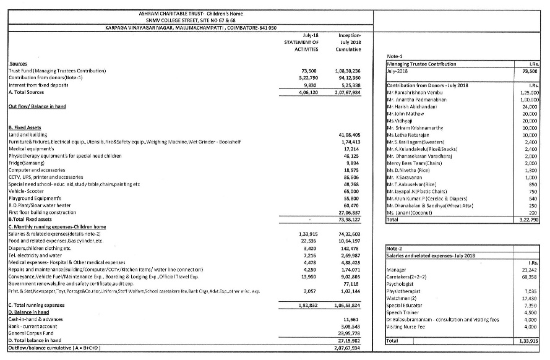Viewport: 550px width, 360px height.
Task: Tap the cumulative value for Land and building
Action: tap(350, 134)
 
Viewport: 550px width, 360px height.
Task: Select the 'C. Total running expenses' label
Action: tap(37, 306)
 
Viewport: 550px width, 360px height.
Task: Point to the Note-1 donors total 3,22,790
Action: tap(530, 219)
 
